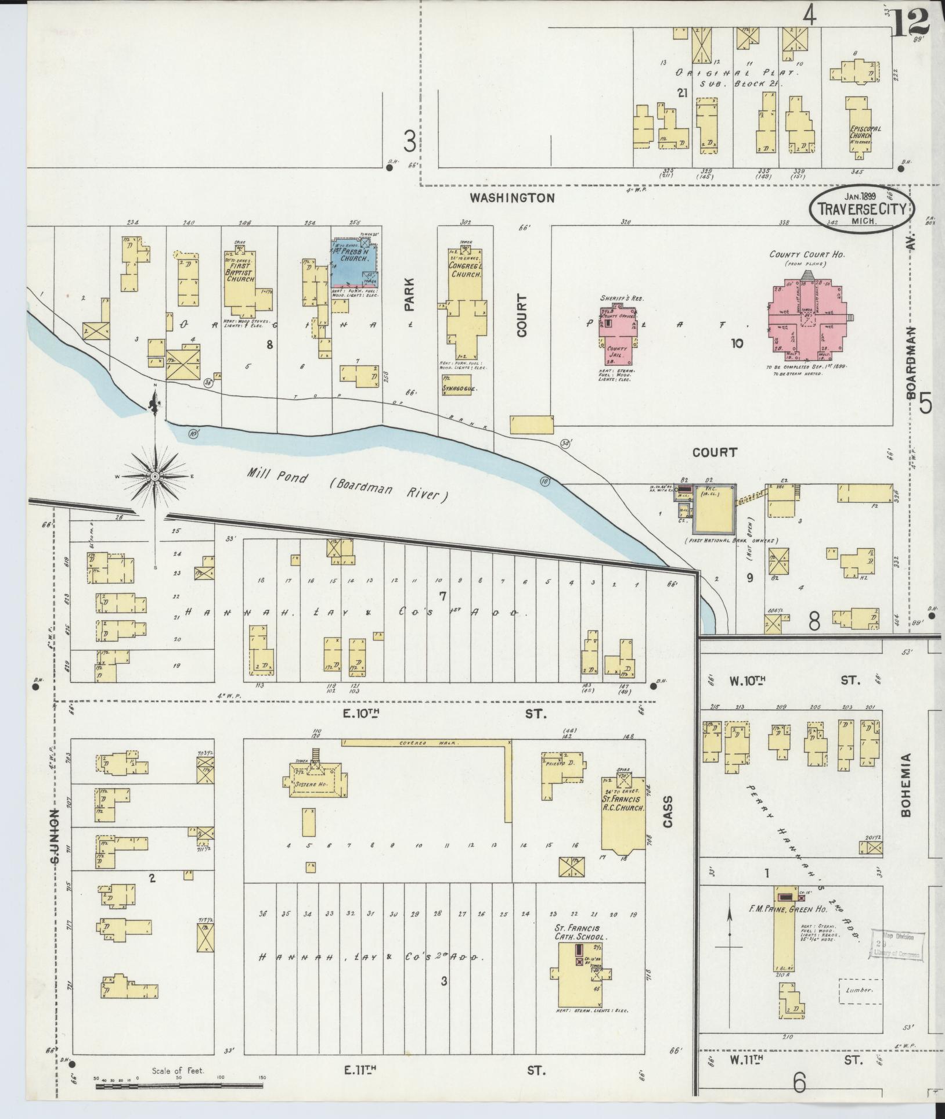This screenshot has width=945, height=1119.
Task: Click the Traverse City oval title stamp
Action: pos(861,209)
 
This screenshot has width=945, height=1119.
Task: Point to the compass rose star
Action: pos(155,476)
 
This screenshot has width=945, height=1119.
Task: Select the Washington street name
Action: pos(512,197)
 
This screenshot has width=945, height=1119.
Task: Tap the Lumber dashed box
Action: pos(859,991)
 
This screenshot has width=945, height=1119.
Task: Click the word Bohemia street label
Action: pos(906,786)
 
